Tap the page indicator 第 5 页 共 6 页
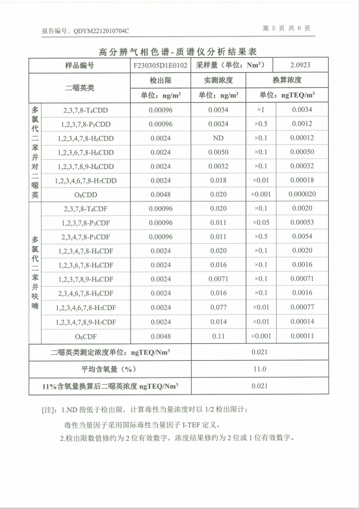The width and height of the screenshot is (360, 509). pyautogui.click(x=287, y=29)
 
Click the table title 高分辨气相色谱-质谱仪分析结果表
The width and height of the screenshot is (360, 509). pyautogui.click(x=179, y=51)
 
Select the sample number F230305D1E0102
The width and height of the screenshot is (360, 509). pyautogui.click(x=160, y=66)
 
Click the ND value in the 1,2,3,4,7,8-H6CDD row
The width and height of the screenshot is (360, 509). pyautogui.click(x=218, y=138)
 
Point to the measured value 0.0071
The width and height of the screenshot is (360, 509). pyautogui.click(x=218, y=279)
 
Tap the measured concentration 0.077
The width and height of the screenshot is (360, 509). pyautogui.click(x=218, y=307)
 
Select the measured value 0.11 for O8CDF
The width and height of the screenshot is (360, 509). pyautogui.click(x=218, y=336)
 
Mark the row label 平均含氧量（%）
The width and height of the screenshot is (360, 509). pyautogui.click(x=110, y=369)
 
